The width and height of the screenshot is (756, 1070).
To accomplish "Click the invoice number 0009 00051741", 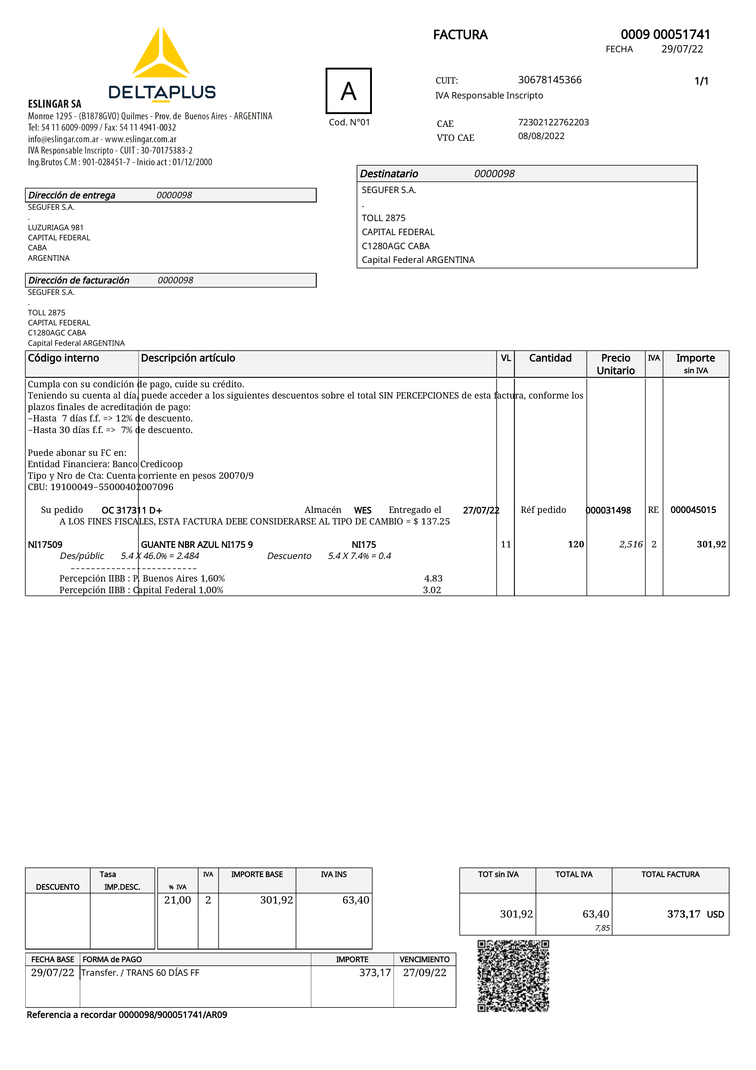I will (x=665, y=34).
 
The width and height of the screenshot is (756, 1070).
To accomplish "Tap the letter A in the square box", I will (x=348, y=91).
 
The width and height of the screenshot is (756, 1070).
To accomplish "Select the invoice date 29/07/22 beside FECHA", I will (x=682, y=49).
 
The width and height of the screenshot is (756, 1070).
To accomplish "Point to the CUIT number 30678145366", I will (x=550, y=80).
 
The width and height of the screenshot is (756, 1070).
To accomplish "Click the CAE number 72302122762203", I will (x=553, y=122).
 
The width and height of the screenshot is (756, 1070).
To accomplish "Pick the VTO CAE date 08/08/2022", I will (x=541, y=136).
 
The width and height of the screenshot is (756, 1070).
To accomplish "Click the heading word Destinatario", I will (x=389, y=174).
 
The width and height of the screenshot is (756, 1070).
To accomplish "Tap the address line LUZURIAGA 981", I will (x=56, y=227).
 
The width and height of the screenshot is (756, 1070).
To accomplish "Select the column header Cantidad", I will (x=550, y=358).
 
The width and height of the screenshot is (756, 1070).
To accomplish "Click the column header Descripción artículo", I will (x=188, y=358).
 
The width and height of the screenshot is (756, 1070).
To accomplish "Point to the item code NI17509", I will (x=45, y=544).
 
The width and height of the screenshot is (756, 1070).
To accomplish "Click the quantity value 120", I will (x=576, y=544).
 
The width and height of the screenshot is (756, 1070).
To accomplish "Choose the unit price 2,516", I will (x=631, y=544).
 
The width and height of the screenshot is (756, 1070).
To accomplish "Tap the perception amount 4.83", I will (x=433, y=578).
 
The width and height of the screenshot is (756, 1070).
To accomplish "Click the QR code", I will (x=513, y=976).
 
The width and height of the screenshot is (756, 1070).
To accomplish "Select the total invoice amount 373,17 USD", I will (x=695, y=914).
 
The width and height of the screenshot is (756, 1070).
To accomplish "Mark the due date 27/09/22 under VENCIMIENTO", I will (x=424, y=973).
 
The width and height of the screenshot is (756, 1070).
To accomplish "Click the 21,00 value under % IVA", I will (x=177, y=900).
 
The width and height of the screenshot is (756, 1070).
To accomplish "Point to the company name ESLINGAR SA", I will (x=55, y=104).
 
